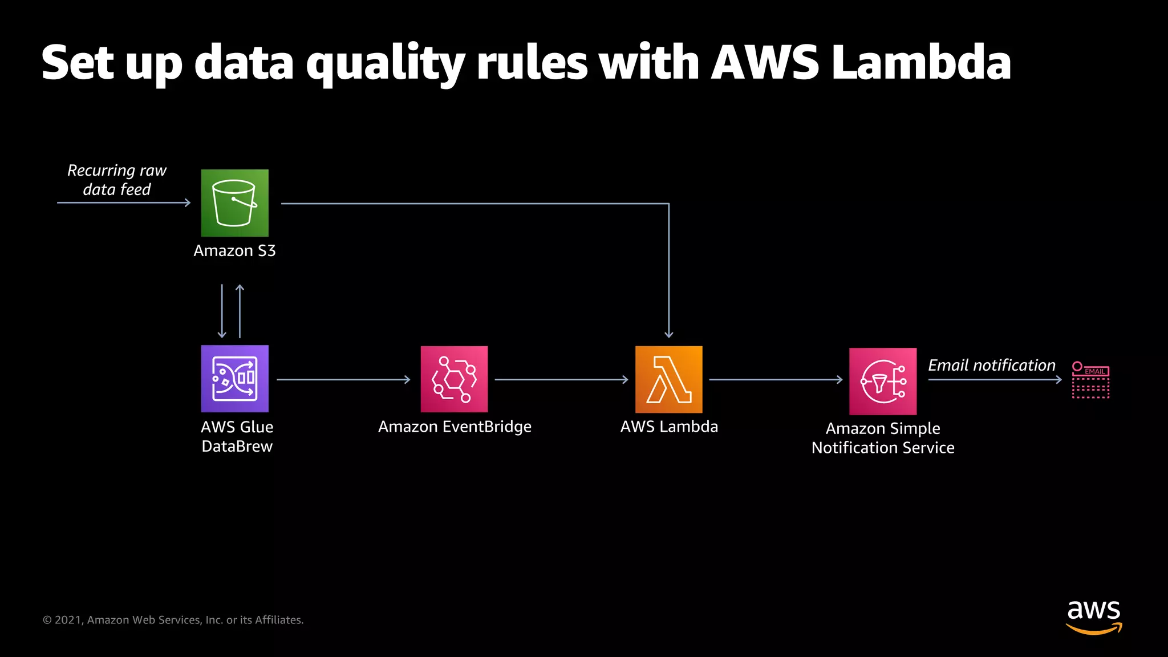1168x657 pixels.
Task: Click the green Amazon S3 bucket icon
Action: coord(234,203)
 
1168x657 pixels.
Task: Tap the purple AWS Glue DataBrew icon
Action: coord(234,379)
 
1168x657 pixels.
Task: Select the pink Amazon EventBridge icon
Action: coord(454,379)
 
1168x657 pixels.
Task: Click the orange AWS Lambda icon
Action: coord(668,379)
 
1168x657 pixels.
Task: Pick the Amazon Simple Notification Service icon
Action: coord(883,381)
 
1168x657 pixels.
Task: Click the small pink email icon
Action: coord(1090,380)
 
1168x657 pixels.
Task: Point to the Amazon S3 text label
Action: coord(234,251)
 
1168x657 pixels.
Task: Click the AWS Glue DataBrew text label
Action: coord(237,437)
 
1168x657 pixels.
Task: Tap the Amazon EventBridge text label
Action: coord(455,427)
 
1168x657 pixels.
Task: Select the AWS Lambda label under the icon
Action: coord(669,427)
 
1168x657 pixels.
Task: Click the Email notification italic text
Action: coord(991,365)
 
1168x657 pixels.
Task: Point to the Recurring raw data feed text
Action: coord(117,180)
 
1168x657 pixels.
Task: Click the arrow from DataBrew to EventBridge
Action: coord(343,379)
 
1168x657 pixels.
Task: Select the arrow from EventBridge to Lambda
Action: coord(561,379)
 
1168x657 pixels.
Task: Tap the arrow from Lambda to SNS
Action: coord(776,379)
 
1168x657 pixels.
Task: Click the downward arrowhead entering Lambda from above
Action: coord(669,334)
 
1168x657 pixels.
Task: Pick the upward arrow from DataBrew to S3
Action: coord(240,311)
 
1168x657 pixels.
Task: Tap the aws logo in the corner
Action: coord(1093,617)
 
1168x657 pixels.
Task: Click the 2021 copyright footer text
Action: coord(173,620)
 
